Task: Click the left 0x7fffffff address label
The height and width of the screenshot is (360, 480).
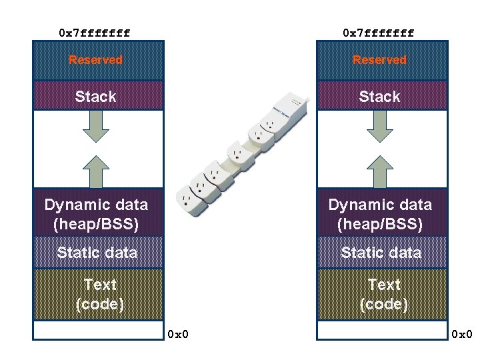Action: tap(94, 32)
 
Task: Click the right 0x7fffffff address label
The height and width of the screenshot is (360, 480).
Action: tap(378, 32)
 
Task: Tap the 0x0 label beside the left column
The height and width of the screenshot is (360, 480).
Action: tap(178, 333)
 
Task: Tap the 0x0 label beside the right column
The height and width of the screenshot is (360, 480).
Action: tap(462, 333)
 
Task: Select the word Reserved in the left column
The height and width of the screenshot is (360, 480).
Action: tap(96, 60)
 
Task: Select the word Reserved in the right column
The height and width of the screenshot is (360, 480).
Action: tap(379, 60)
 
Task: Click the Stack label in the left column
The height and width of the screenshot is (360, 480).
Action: tap(96, 97)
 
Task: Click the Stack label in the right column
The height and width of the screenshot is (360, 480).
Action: tap(379, 97)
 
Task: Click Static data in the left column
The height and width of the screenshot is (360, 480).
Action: tap(97, 252)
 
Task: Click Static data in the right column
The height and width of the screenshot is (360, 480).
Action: tap(381, 252)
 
